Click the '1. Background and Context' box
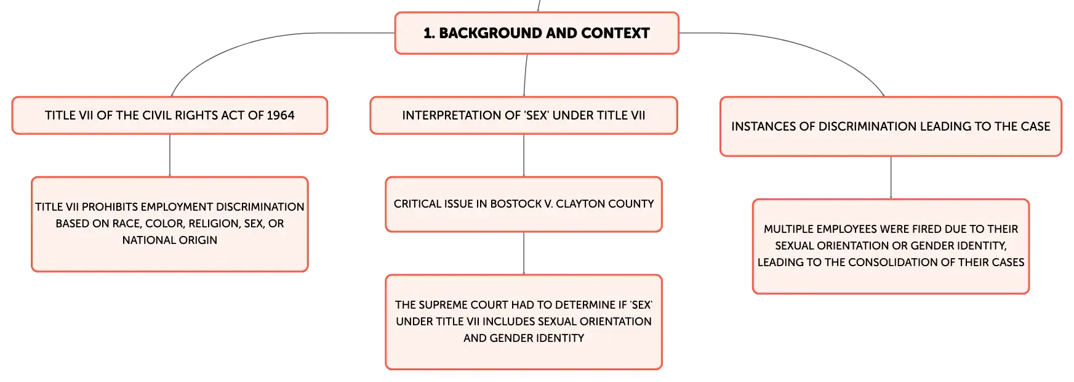click(537, 33)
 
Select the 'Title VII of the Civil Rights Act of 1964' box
click(170, 115)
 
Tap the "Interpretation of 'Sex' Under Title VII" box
click(524, 115)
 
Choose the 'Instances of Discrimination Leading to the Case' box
click(891, 126)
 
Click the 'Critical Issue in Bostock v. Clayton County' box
click(524, 205)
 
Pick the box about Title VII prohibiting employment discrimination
click(170, 224)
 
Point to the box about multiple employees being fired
click(891, 246)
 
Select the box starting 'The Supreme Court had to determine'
click(524, 322)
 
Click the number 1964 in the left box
click(281, 115)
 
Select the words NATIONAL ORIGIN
click(170, 240)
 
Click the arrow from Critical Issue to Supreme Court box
click(524, 253)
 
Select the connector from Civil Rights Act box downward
click(170, 155)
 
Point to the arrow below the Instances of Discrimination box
click(891, 177)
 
